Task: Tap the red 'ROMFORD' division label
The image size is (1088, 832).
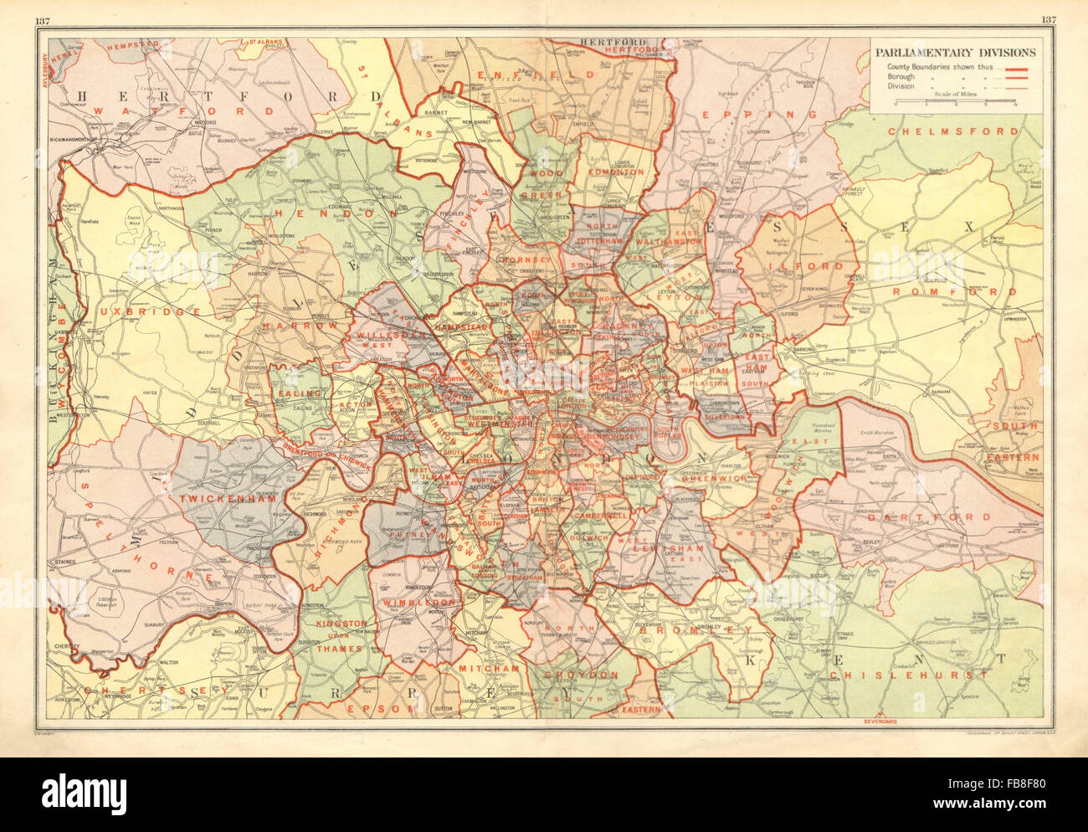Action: [x=954, y=292]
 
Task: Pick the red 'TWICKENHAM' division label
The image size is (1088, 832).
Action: [x=218, y=497]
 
